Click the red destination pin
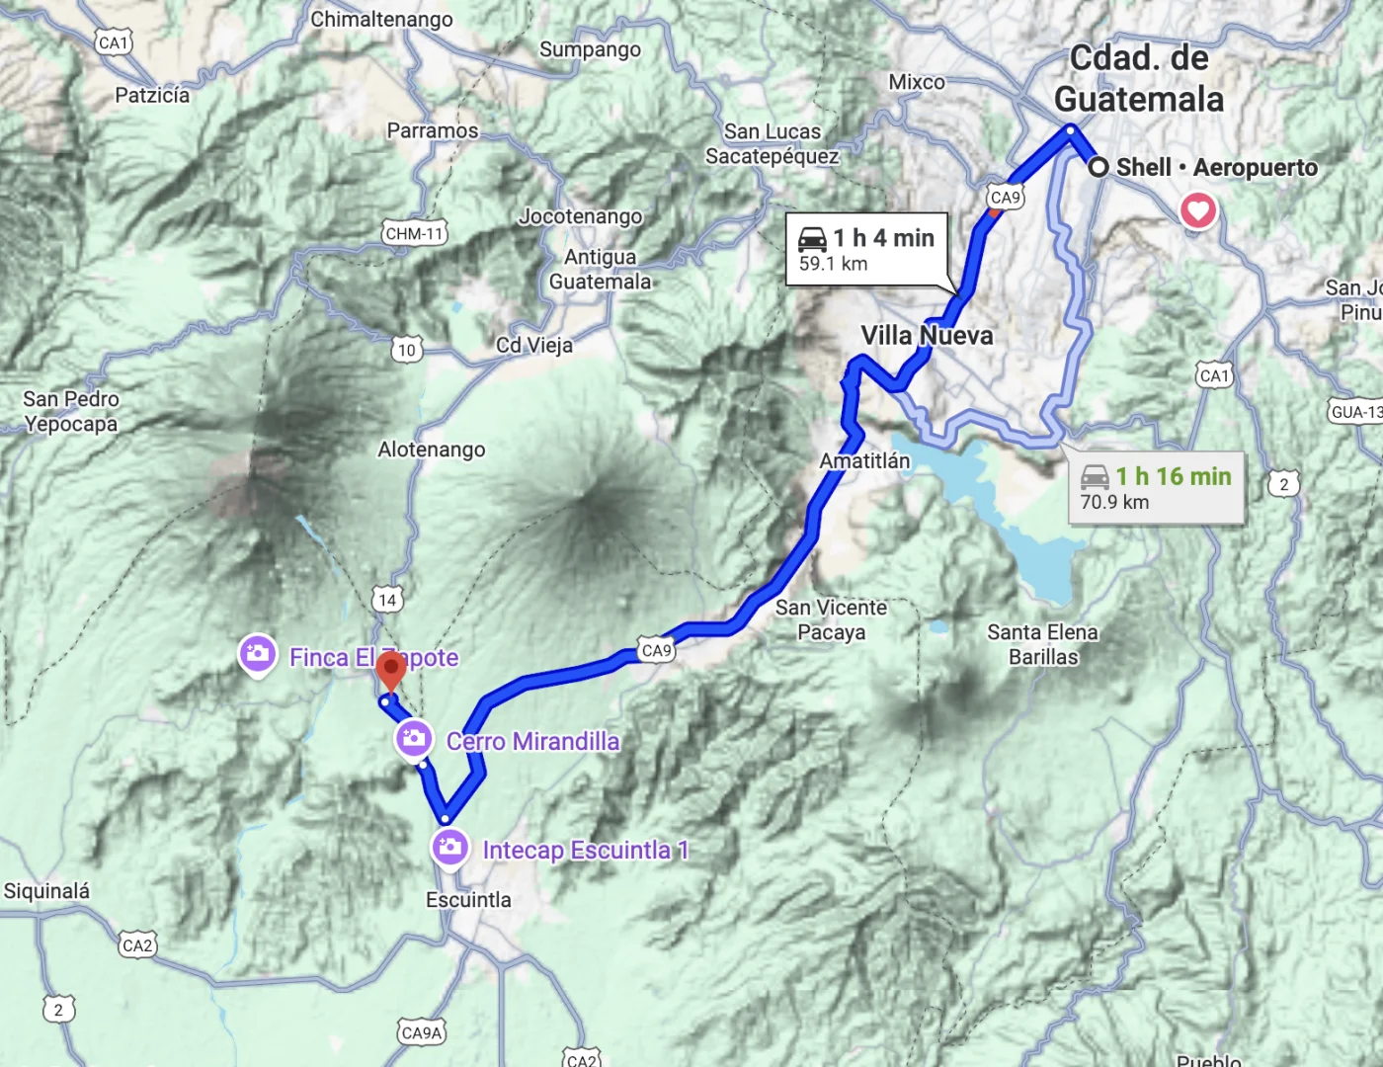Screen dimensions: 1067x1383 click(391, 671)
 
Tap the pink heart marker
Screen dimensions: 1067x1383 click(1198, 209)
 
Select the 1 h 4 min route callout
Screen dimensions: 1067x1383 click(866, 249)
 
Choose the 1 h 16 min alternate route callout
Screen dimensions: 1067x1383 click(1156, 488)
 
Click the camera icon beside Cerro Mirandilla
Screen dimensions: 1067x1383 click(414, 738)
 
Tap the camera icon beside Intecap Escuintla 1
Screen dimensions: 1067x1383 click(450, 847)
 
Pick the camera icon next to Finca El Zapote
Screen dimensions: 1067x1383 click(258, 655)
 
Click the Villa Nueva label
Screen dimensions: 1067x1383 click(927, 336)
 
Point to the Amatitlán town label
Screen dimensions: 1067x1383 click(864, 460)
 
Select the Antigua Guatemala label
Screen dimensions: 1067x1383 click(601, 269)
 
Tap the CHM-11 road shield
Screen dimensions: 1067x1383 click(415, 234)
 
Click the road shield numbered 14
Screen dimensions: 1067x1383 click(387, 600)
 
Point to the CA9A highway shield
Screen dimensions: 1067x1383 click(422, 1033)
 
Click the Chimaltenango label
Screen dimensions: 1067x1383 click(381, 20)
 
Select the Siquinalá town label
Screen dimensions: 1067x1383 click(46, 891)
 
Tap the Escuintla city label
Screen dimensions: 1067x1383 click(468, 900)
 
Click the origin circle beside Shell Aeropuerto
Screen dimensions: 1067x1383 click(1098, 167)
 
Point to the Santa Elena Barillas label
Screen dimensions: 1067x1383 click(1043, 644)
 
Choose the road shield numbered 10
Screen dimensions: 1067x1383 click(407, 350)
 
